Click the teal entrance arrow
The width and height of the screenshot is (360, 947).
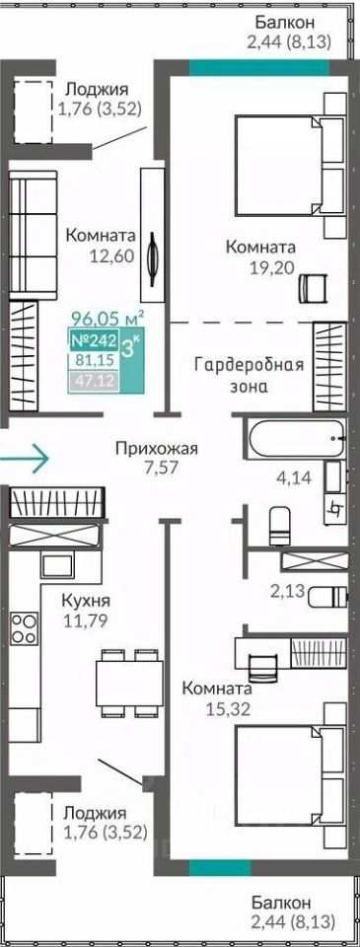click(x=24, y=459)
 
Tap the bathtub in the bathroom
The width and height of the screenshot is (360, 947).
click(x=295, y=437)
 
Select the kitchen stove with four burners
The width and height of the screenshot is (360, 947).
click(x=24, y=628)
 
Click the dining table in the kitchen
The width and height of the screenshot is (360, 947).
click(x=130, y=682)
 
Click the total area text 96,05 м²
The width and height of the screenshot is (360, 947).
click(x=108, y=317)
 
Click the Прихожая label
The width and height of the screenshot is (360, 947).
click(x=157, y=449)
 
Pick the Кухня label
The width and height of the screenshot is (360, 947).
click(x=85, y=602)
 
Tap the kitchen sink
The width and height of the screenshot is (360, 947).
click(x=56, y=565)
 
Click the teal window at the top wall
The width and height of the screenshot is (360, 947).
click(x=259, y=67)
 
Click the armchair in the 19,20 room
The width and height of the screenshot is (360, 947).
click(x=313, y=286)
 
